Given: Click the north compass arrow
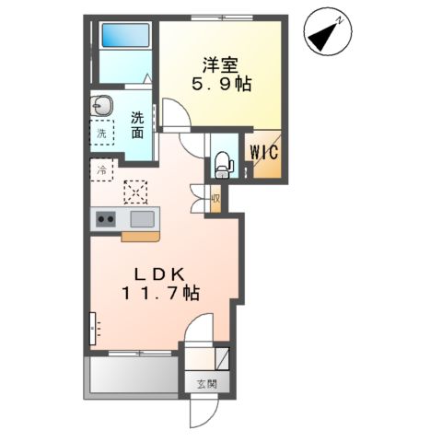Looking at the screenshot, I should pyautogui.click(x=325, y=32).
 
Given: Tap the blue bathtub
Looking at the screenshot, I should pyautogui.click(x=123, y=35).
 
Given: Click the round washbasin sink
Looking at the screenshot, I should pyautogui.click(x=101, y=105).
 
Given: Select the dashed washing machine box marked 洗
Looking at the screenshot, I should pyautogui.click(x=101, y=133).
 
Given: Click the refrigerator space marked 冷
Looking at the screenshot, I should pyautogui.click(x=101, y=169).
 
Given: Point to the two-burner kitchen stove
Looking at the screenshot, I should pyautogui.click(x=105, y=218).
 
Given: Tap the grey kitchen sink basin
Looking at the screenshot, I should pyautogui.click(x=142, y=218).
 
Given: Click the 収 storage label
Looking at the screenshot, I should pyautogui.click(x=215, y=198).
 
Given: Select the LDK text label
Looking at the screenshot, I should pyautogui.click(x=166, y=274).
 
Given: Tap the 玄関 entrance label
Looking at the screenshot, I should pyautogui.click(x=204, y=384).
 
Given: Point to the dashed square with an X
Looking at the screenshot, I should pyautogui.click(x=137, y=191).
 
